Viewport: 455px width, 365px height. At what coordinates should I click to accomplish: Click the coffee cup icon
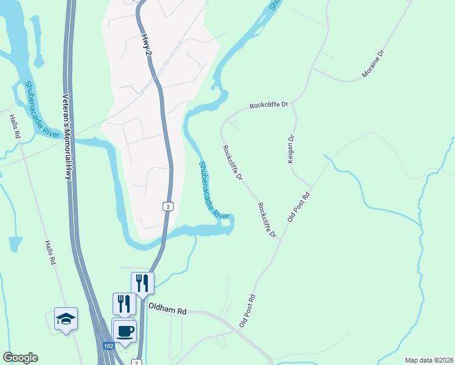tap(126, 331)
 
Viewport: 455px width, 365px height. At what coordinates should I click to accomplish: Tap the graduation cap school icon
tap(66, 318)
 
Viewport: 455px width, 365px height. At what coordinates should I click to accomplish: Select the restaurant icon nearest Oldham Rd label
tap(142, 282)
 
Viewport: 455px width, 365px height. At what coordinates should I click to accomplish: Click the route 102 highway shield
tap(108, 346)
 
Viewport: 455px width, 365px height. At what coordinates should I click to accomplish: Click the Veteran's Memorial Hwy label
tap(68, 137)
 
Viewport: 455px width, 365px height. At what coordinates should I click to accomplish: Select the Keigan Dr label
tap(291, 148)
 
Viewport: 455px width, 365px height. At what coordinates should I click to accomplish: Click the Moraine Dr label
tap(373, 64)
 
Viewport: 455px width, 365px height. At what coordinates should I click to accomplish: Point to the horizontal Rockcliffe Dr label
tap(268, 105)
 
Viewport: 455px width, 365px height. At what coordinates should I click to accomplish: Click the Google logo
tap(20, 358)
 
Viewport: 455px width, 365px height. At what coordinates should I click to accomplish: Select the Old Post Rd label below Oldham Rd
tap(247, 312)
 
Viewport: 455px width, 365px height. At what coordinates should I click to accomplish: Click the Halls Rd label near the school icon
tap(50, 252)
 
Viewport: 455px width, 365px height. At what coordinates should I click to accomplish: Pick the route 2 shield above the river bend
tap(168, 206)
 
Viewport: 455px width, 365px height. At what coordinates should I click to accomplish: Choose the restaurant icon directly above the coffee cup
tap(124, 303)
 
